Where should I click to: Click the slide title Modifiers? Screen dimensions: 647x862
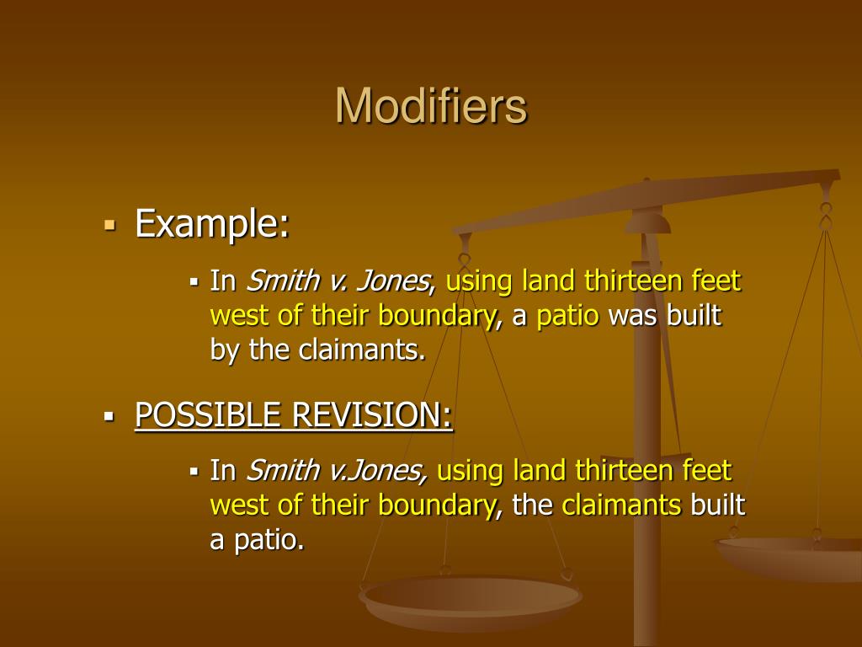point(431,107)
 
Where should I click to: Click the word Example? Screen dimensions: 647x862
point(212,225)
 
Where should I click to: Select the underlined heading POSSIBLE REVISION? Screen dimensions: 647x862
point(294,415)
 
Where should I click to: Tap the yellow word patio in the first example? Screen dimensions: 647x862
point(568,316)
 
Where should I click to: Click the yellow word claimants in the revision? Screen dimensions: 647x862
point(621,505)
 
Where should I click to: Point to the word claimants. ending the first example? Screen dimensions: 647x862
point(362,350)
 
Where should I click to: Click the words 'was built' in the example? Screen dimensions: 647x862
point(665,316)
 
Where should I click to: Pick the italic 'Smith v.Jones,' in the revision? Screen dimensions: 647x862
point(336,471)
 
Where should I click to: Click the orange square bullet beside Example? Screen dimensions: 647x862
point(109,226)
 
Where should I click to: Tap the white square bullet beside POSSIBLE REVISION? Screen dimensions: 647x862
point(109,416)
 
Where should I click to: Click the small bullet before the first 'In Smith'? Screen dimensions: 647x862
point(194,281)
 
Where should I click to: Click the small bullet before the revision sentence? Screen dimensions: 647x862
point(194,471)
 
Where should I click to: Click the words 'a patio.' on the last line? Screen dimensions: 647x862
point(256,540)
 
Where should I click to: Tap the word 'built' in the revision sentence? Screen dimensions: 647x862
point(718,505)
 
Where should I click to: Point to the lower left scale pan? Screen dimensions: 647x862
point(471,600)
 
